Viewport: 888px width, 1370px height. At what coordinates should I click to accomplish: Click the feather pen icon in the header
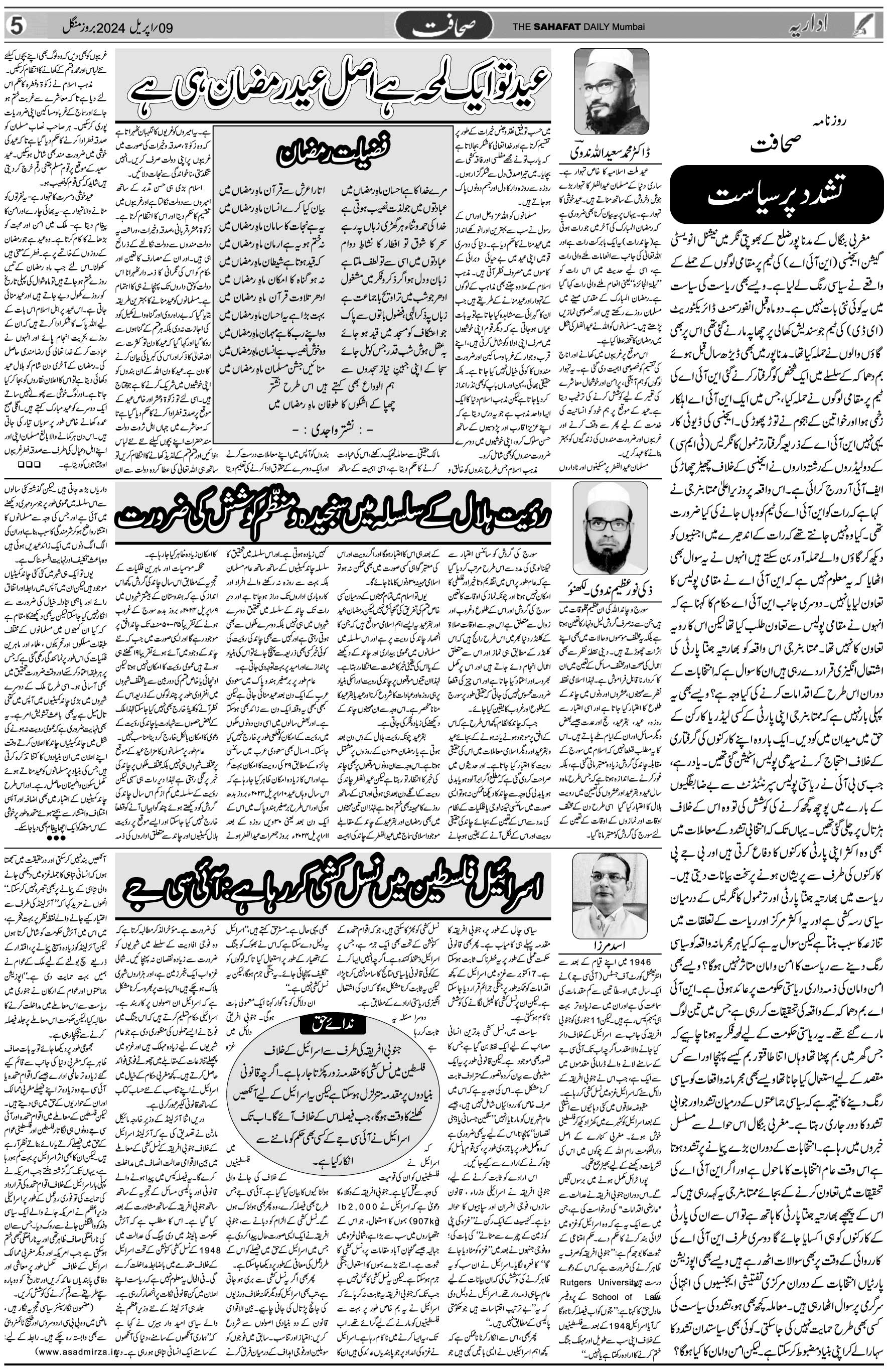(873, 25)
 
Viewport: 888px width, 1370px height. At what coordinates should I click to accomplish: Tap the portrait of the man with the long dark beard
(609, 513)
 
